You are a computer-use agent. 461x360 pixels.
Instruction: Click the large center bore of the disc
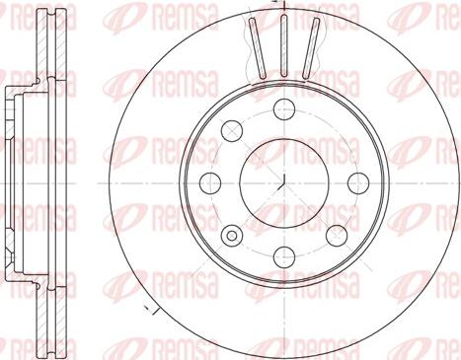click(x=281, y=181)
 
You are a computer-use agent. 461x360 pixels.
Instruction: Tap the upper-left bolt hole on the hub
click(x=234, y=129)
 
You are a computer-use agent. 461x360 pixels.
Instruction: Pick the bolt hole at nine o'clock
click(x=210, y=180)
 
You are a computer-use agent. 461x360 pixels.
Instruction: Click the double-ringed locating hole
click(x=233, y=235)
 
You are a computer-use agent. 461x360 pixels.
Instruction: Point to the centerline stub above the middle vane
click(x=282, y=7)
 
